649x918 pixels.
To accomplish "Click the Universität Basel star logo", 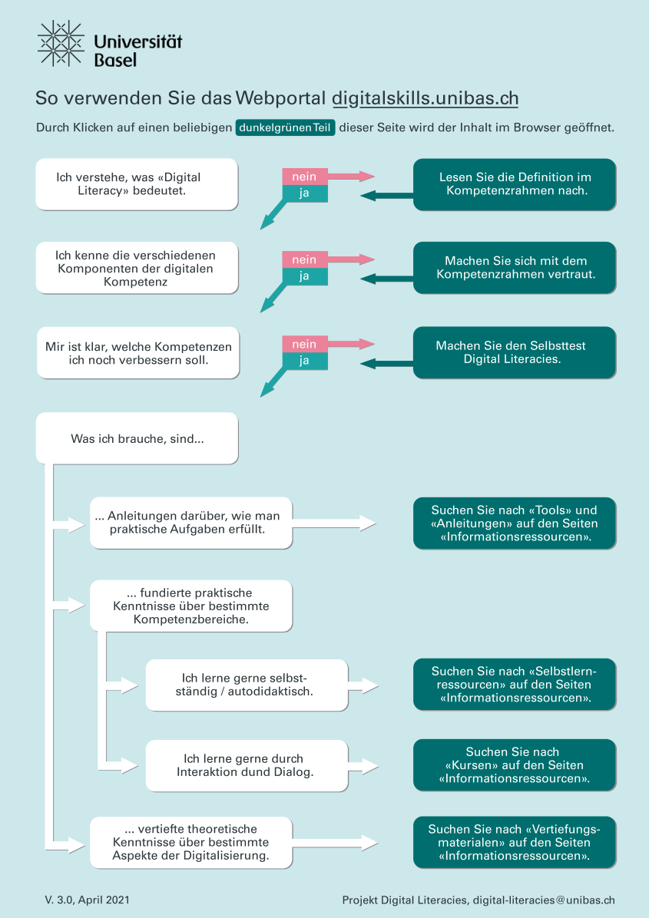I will [61, 43].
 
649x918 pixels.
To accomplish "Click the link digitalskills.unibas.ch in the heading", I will [425, 99].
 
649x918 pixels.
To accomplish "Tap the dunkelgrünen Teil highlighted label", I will [286, 127].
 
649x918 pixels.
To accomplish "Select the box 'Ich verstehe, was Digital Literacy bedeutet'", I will [136, 184].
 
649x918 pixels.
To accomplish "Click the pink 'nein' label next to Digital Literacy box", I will [304, 177].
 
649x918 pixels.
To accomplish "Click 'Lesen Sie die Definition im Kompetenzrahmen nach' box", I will [514, 184].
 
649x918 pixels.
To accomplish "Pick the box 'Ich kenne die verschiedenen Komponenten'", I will [136, 268].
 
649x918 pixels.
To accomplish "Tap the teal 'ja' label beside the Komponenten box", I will [304, 276].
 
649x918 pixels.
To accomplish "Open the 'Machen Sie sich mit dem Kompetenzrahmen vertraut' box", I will [514, 268].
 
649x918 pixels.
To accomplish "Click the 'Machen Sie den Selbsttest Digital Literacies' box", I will [514, 352].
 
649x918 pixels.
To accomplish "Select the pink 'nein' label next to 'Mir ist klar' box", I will [304, 344].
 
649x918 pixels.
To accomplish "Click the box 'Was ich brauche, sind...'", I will [136, 438].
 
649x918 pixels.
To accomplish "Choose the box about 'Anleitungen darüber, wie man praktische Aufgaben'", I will [190, 523].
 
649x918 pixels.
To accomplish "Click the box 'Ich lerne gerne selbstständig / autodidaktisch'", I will [246, 685].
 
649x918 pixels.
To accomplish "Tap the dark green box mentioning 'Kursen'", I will [514, 765].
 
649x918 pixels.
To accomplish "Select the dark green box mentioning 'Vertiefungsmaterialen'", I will [514, 842].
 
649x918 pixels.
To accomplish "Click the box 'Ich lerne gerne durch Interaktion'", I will [246, 765].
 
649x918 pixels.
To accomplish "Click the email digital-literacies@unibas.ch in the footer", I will [544, 900].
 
